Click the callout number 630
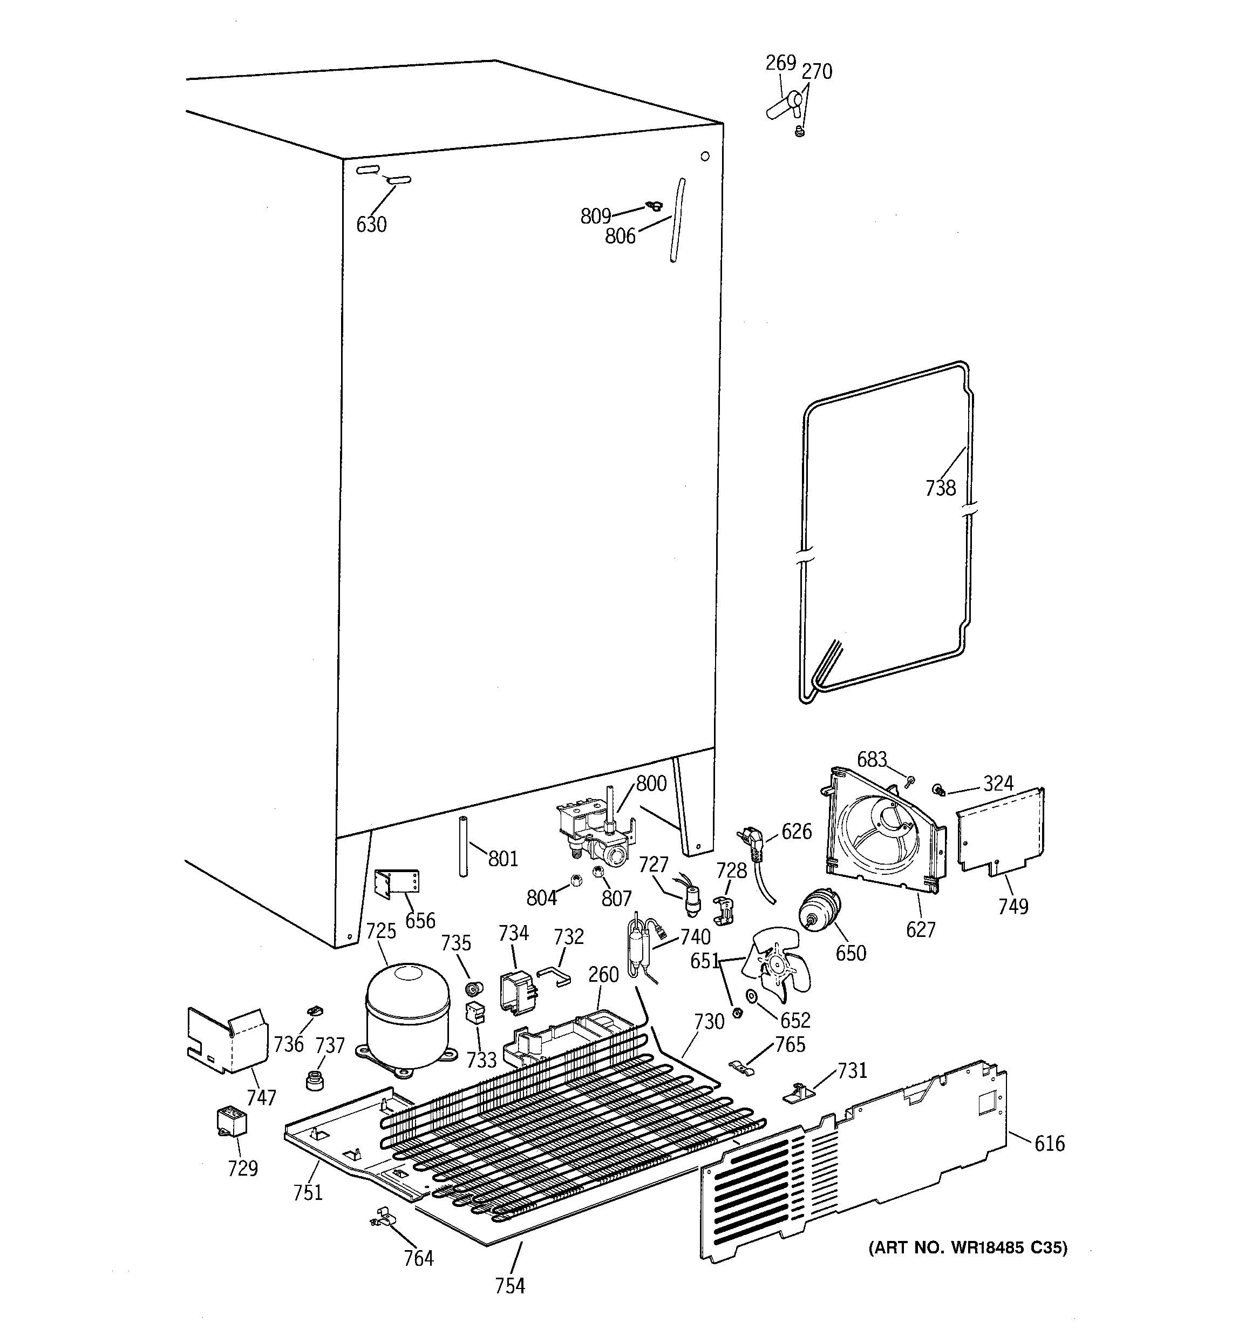tap(371, 225)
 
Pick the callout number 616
tap(1050, 1143)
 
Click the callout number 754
tap(510, 1286)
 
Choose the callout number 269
tap(780, 63)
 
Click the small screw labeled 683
tap(910, 781)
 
